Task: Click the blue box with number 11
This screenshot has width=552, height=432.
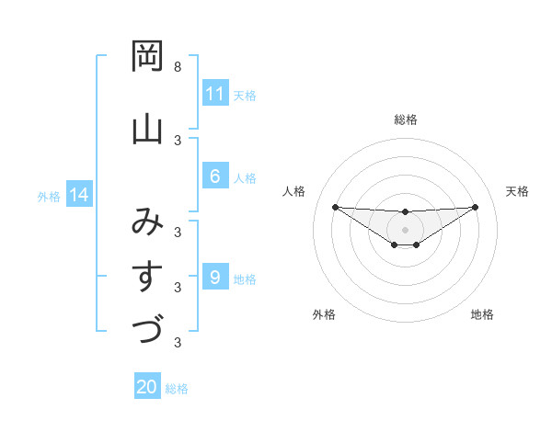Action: coord(214,94)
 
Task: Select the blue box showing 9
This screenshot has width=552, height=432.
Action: coord(214,278)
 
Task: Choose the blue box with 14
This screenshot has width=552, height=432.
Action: coord(78,195)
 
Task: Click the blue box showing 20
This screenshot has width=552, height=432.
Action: coord(147,387)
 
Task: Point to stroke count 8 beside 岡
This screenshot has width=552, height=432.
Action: coord(177,67)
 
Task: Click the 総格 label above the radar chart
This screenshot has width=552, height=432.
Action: coord(405,119)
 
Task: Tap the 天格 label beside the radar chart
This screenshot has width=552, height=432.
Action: coord(517,191)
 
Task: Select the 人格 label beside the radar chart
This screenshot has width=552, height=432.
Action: coord(294,191)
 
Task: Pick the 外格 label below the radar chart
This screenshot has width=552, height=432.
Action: coord(324,314)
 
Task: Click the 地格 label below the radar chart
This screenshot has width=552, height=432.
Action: coord(482,314)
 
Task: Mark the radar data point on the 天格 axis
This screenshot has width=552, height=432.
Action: coord(476,207)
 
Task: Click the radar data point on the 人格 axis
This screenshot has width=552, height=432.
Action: coord(335,207)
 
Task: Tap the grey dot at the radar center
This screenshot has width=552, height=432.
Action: coord(405,230)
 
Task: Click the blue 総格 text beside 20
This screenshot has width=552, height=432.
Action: coord(177,389)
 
